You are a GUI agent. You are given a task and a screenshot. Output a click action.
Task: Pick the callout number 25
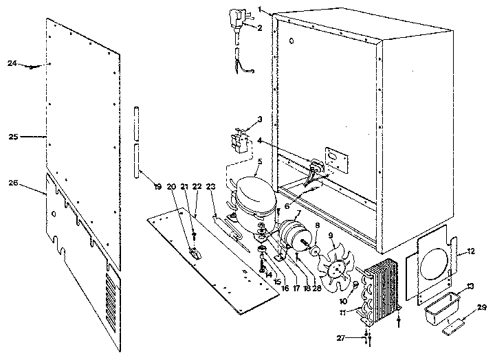[12, 137]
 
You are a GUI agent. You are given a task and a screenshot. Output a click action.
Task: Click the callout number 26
[12, 183]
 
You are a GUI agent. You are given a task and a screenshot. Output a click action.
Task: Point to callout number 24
[12, 63]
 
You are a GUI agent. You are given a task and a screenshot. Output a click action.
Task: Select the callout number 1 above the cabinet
[261, 10]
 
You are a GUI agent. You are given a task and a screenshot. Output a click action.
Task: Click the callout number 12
[470, 251]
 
